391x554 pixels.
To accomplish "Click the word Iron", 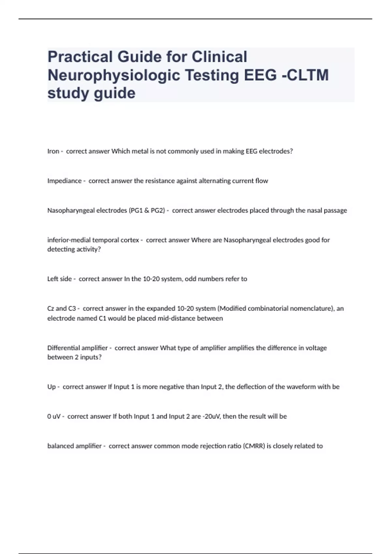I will [x=53, y=151].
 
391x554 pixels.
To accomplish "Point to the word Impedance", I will [x=64, y=181].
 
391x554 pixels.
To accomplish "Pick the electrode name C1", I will [x=102, y=318].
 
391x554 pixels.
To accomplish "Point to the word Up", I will [x=51, y=387].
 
